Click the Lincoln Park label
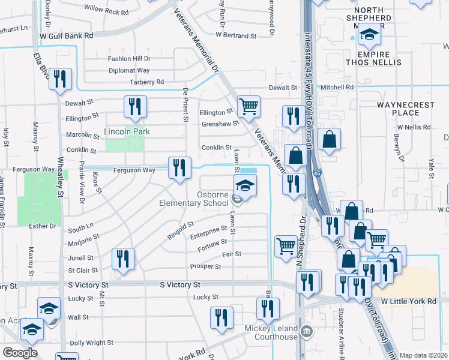(x=127, y=131)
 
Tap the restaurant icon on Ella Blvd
(x=60, y=80)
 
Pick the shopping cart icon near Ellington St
(x=249, y=107)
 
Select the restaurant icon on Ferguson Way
(x=179, y=168)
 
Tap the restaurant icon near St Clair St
(x=123, y=259)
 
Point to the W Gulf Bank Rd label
(x=67, y=36)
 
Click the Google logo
(x=20, y=353)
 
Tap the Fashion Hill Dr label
(x=129, y=59)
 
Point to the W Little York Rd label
(x=408, y=301)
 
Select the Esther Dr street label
(x=43, y=226)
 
